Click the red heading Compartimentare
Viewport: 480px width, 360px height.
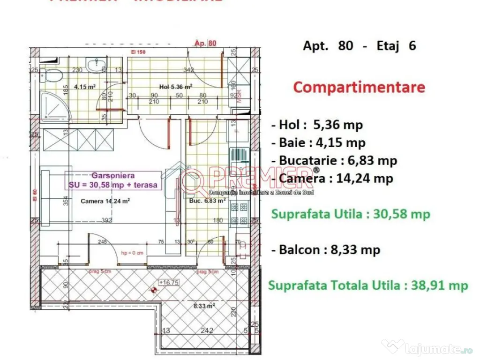pos(359,88)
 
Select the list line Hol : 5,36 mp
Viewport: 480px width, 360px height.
pos(317,125)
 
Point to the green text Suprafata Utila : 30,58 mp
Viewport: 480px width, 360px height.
pos(351,214)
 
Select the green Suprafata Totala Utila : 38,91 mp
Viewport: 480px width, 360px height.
pos(368,285)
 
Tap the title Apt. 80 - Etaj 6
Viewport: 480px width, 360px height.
pos(360,46)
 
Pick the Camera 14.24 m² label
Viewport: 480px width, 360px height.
pos(105,202)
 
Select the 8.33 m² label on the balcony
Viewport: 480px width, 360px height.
pos(205,306)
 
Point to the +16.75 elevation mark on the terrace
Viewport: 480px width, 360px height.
pos(167,283)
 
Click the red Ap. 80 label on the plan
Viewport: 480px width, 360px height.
pos(205,44)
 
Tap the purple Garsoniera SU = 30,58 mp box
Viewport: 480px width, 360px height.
pos(113,180)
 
